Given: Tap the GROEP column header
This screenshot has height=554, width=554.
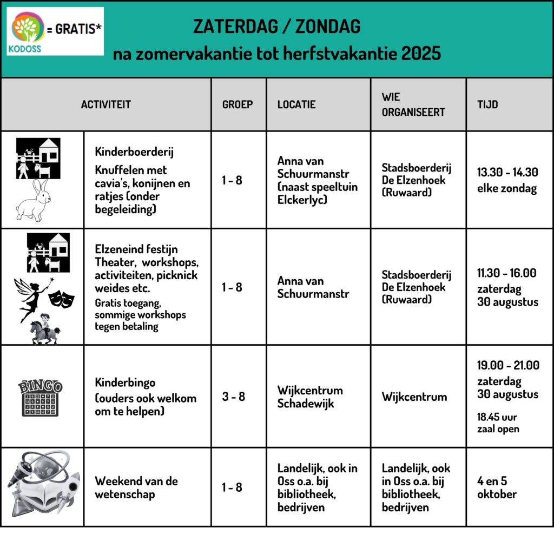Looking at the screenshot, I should click(238, 104).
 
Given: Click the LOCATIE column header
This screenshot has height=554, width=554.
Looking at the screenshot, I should click(296, 104).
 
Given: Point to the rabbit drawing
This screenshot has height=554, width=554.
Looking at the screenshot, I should click(34, 200).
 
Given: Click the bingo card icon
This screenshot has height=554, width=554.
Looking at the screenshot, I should click(41, 398).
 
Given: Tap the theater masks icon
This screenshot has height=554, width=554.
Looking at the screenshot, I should click(62, 298).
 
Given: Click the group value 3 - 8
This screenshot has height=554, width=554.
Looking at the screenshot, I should click(234, 397).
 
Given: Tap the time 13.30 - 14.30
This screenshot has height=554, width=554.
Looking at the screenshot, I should click(507, 172).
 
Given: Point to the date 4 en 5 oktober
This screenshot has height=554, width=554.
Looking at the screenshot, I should click(497, 487).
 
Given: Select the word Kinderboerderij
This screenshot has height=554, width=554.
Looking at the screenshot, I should click(134, 152).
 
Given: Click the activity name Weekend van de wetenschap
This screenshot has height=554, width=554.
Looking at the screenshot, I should click(136, 487).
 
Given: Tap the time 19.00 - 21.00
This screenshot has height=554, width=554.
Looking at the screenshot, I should click(507, 365).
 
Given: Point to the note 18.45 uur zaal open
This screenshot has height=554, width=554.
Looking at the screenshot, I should click(498, 423).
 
